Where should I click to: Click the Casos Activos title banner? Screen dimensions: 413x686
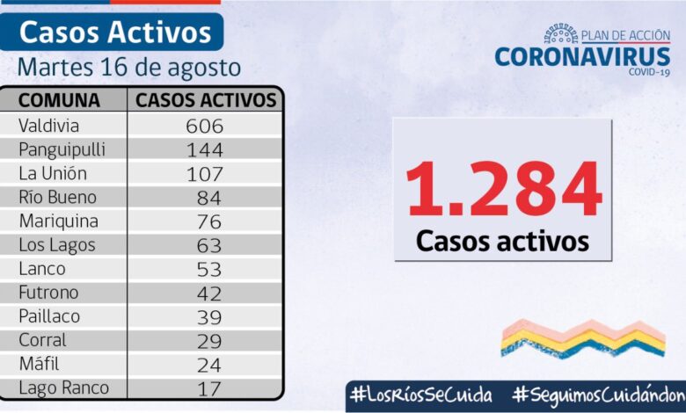click(x=115, y=33)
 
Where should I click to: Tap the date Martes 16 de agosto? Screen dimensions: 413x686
click(x=128, y=67)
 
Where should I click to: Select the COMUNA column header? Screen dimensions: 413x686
click(x=59, y=99)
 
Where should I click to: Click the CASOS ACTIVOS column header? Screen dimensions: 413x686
click(x=206, y=99)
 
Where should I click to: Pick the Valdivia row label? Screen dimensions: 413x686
click(x=48, y=126)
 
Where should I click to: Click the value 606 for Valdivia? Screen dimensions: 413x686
click(x=205, y=126)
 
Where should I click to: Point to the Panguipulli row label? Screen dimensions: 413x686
click(x=62, y=149)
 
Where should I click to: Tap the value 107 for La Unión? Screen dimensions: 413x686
click(x=205, y=174)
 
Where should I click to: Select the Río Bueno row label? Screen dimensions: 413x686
click(x=57, y=197)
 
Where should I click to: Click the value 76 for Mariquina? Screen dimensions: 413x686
click(x=208, y=221)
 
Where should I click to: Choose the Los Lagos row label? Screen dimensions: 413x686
click(x=56, y=245)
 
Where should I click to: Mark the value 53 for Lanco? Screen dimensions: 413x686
click(x=208, y=269)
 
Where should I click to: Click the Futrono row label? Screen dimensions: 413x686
click(x=49, y=293)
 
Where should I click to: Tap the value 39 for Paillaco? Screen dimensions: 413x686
click(x=208, y=316)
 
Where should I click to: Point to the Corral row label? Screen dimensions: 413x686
click(x=42, y=340)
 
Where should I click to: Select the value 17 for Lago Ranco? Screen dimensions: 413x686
click(x=208, y=388)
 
